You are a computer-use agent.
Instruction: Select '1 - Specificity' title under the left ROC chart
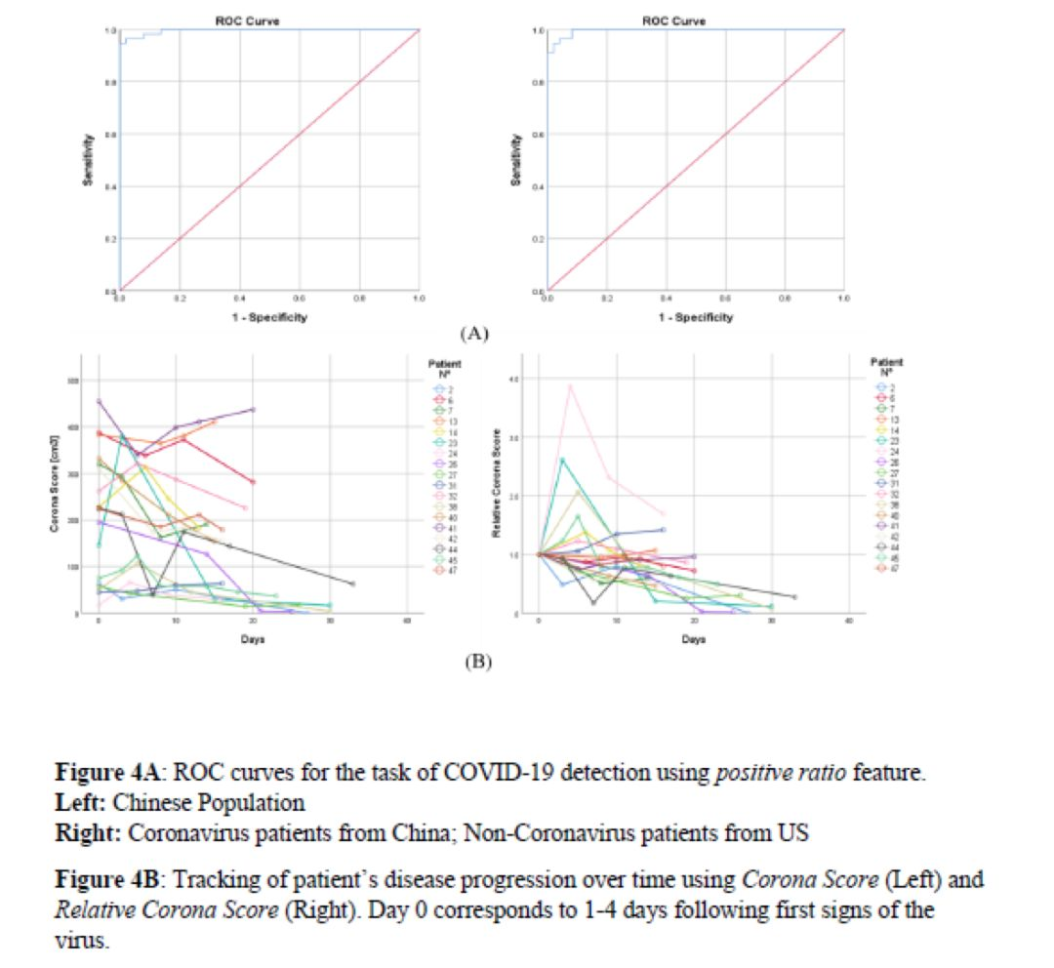pos(270,317)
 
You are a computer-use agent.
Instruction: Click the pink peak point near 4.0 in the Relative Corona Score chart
pos(570,386)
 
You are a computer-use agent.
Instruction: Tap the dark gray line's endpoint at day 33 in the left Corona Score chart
pos(352,584)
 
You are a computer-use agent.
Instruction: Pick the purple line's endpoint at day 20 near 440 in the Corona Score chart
pos(253,410)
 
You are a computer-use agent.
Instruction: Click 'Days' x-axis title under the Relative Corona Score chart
pos(694,639)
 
